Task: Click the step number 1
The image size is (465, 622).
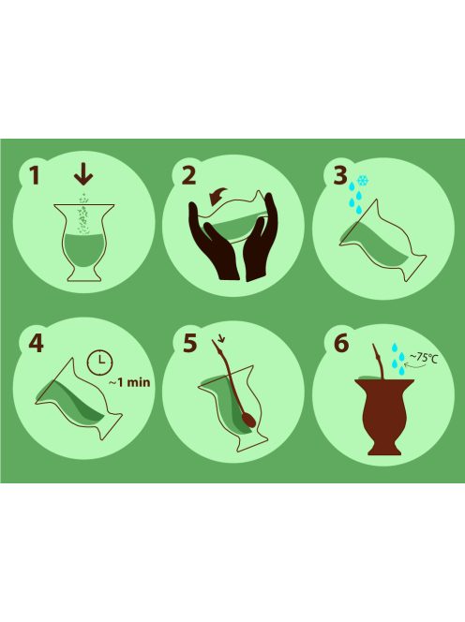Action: [x=36, y=176]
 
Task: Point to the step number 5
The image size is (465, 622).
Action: [x=190, y=343]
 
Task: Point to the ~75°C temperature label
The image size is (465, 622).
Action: [x=427, y=357]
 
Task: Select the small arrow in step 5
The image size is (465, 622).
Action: [x=219, y=339]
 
